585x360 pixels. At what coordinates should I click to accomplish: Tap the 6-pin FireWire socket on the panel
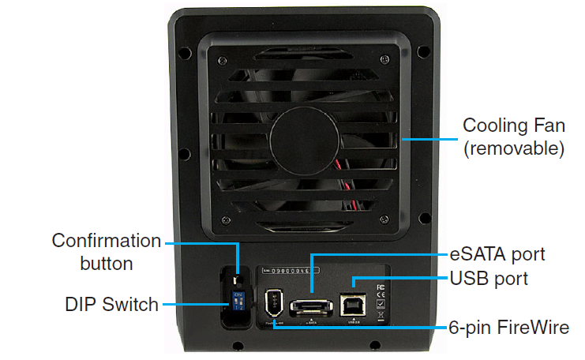click(275, 302)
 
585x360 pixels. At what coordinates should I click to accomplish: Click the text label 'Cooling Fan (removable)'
click(513, 137)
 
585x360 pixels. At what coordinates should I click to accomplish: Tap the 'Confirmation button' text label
click(107, 251)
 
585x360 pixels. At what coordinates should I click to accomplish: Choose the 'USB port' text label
click(489, 279)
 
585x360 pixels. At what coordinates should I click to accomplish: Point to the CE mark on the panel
click(381, 294)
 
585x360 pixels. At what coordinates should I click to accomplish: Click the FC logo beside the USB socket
click(381, 284)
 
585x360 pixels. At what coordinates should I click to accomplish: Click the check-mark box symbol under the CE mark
click(381, 306)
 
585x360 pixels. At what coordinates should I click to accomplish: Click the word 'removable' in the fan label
click(514, 148)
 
